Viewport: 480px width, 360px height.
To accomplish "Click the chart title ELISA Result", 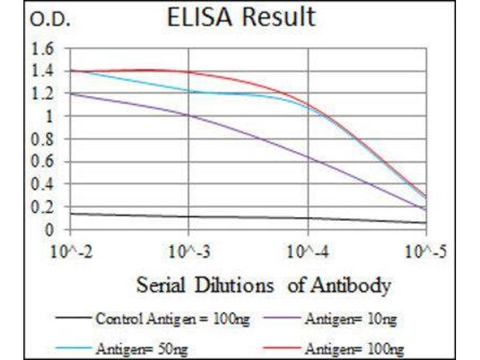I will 241,17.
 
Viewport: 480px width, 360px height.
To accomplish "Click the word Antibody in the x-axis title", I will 350,284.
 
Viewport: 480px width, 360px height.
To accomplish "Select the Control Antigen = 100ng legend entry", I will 171,319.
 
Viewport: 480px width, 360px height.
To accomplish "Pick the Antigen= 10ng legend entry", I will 350,319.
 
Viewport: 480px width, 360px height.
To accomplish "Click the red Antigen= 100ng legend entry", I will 354,347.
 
